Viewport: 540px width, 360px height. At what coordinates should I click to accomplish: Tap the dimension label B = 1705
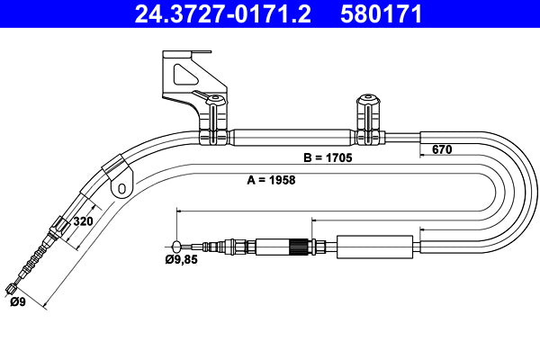pos(327,157)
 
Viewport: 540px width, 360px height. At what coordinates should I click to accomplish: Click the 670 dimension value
pos(442,149)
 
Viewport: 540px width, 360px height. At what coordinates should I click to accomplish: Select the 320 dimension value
pos(83,220)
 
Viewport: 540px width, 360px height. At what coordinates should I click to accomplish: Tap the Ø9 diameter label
pos(18,302)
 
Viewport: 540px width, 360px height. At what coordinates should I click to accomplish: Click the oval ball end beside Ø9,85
pos(176,245)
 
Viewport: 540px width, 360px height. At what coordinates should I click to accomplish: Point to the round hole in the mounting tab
pos(121,188)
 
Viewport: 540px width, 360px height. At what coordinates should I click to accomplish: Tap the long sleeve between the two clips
pos(293,138)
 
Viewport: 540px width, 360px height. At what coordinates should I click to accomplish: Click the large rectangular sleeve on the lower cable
pos(376,245)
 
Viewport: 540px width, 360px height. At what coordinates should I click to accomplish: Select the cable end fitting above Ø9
pos(12,288)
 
